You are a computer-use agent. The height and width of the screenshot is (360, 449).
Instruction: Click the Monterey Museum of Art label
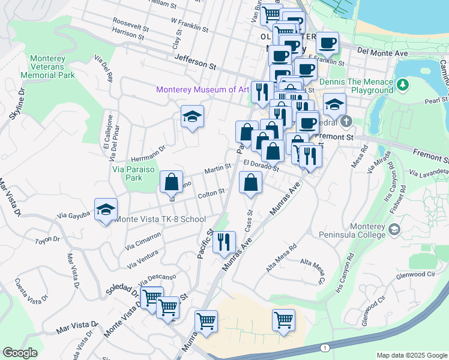202,89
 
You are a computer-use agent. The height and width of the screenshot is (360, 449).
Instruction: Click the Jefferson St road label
195,61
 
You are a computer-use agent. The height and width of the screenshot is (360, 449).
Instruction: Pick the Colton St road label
211,192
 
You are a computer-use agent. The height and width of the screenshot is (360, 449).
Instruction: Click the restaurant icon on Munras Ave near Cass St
224,241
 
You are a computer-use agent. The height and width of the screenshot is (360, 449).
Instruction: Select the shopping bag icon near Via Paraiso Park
172,181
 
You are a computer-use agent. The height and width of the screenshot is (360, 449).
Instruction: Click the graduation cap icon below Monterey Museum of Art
193,116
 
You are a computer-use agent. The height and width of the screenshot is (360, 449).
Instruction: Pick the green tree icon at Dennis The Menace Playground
403,84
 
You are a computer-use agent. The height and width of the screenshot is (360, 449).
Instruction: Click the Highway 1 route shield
324,348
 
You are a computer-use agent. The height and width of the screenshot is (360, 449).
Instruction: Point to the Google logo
20,353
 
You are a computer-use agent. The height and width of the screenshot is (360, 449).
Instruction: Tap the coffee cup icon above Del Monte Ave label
328,43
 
